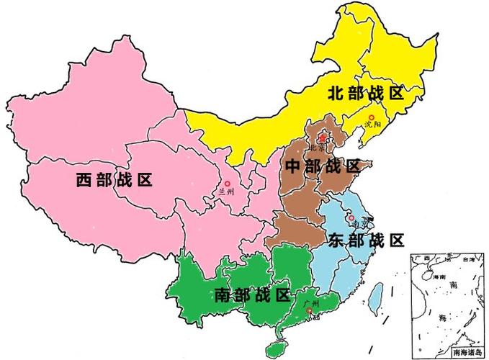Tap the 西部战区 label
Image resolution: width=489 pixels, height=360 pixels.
coord(115,179)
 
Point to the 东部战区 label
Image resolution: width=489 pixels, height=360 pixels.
coord(365,240)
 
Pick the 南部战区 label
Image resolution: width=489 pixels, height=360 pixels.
coord(252,294)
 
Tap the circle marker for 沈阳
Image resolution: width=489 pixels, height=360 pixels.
coord(372,117)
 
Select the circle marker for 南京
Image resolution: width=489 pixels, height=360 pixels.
coord(350,217)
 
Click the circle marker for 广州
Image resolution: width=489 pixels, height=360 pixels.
coord(310,311)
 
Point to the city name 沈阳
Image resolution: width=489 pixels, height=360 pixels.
coord(373,127)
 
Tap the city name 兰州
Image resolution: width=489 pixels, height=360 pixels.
coord(226,192)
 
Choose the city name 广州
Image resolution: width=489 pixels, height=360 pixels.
coord(311,304)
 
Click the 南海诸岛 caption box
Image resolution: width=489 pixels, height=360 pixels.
coord(467,352)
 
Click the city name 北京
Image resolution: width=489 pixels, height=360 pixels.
coord(318,147)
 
